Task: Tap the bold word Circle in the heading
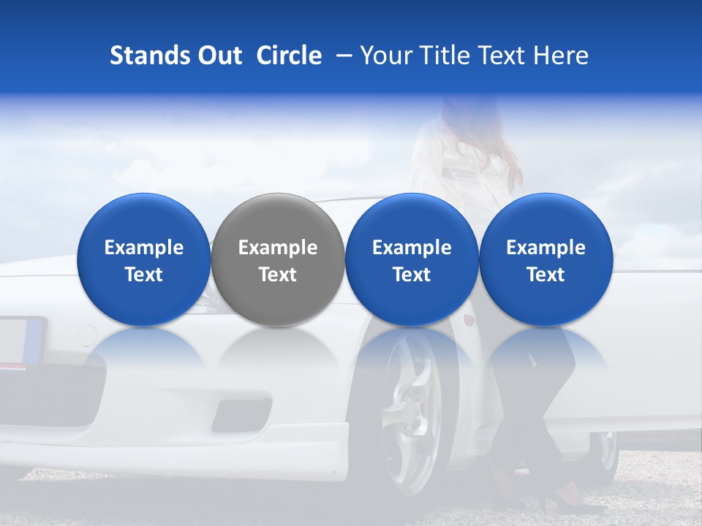[289, 56]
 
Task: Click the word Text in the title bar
[500, 56]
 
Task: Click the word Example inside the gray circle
[278, 248]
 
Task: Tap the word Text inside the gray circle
[278, 275]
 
